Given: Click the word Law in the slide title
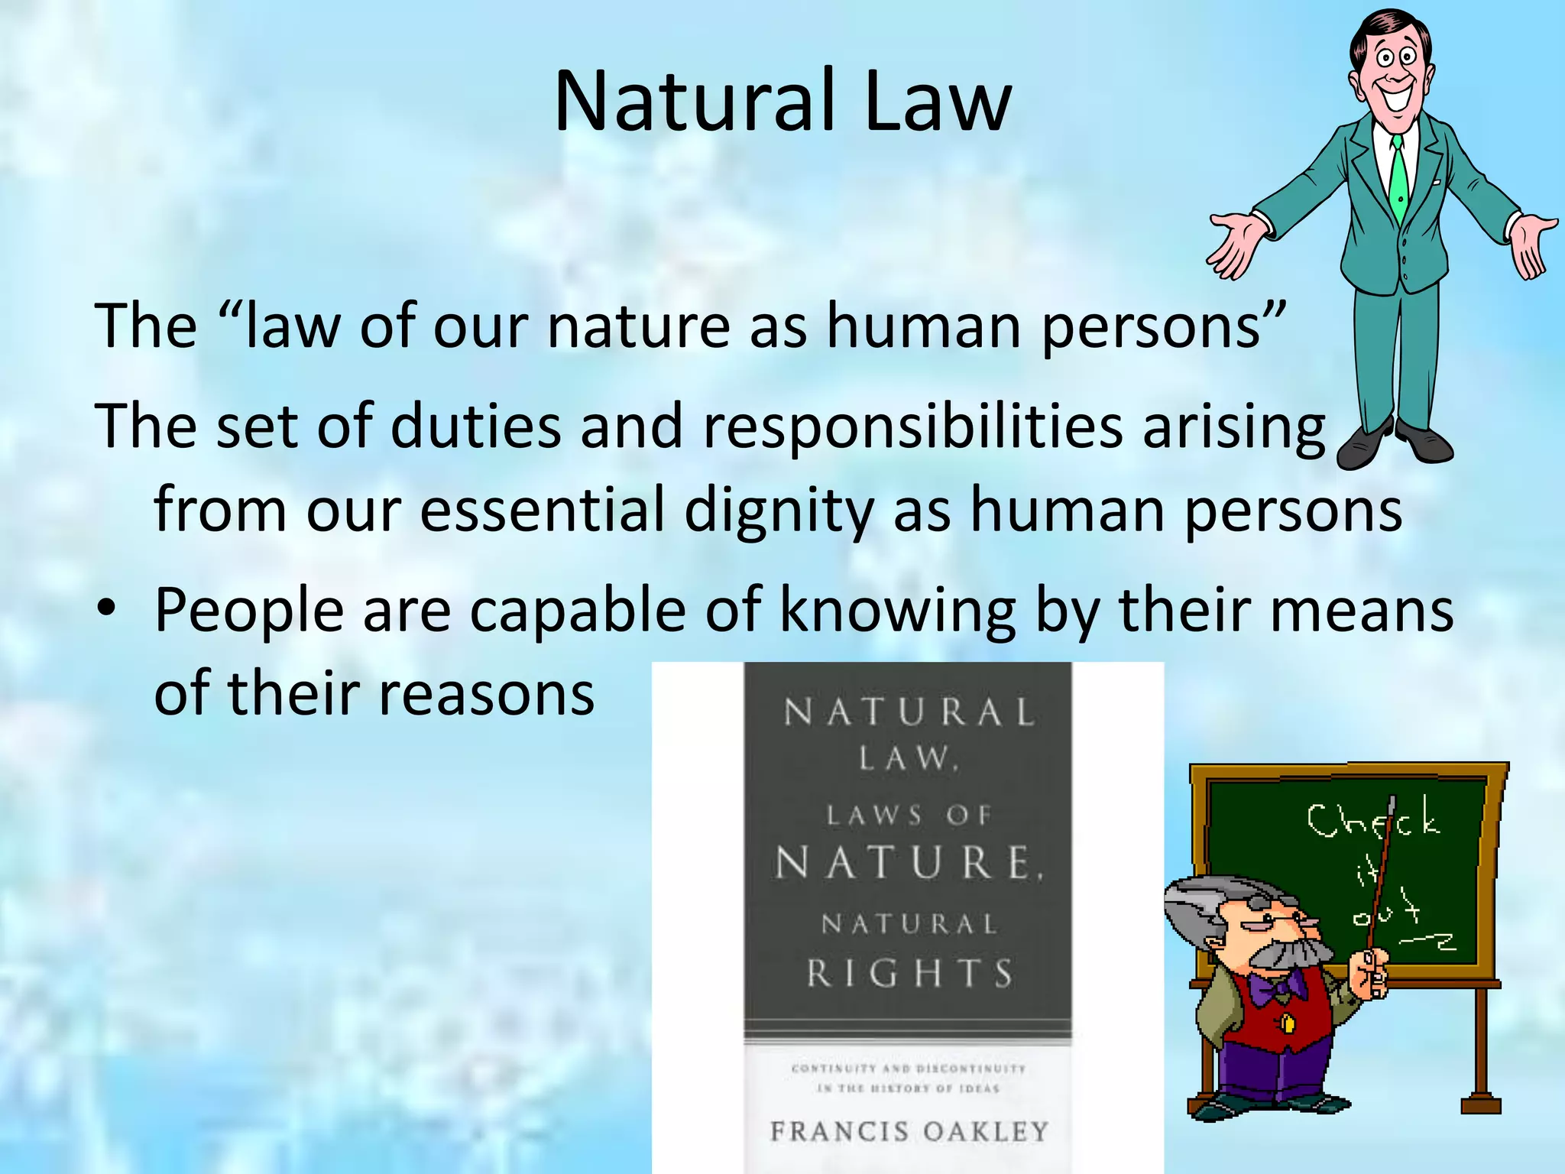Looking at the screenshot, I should click(x=937, y=102).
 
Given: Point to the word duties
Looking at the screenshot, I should click(x=475, y=426).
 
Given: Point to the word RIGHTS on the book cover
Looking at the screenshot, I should click(x=909, y=974).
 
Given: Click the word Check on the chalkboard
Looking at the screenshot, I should click(x=1372, y=821).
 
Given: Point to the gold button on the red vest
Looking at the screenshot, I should click(x=1288, y=1021).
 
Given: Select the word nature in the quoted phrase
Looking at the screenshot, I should click(x=639, y=327).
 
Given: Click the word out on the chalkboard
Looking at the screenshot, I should click(x=1385, y=911).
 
